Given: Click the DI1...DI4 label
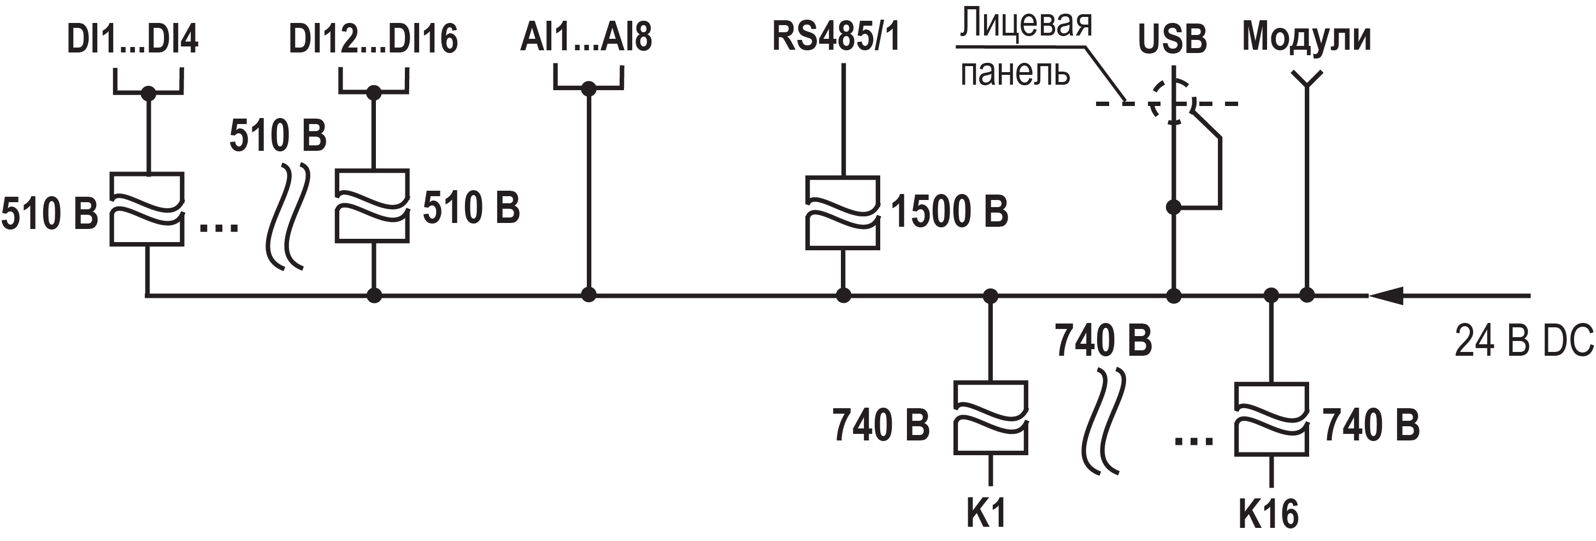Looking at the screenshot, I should [x=132, y=39].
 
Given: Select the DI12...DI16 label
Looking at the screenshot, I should [x=373, y=39].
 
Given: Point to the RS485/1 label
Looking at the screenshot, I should [x=836, y=36].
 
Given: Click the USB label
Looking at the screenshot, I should [x=1172, y=39].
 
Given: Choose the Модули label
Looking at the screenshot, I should [x=1306, y=37].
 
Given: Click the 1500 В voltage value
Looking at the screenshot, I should [x=949, y=212].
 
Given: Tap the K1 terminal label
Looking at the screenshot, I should [x=987, y=513].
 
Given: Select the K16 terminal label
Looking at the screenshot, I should [x=1268, y=514].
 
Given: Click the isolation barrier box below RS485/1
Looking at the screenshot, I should [x=843, y=213].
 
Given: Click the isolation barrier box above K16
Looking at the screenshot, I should [x=1271, y=420].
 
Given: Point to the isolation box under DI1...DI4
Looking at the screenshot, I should [x=147, y=209].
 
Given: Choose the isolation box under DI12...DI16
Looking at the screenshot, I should [x=372, y=205].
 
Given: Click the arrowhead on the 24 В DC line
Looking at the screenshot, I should [x=1385, y=296].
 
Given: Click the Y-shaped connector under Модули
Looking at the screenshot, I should [x=1306, y=80].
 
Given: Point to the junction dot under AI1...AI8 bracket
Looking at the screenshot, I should [x=588, y=89].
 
